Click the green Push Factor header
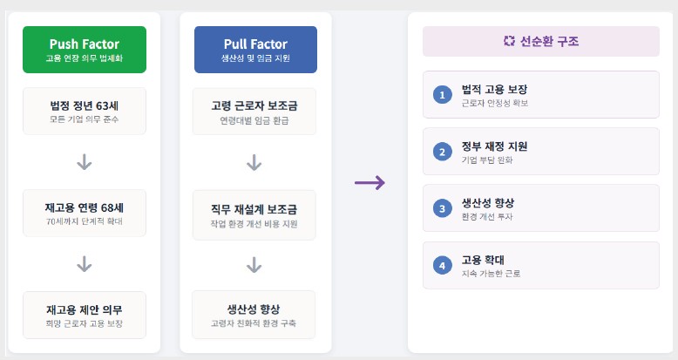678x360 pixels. (85, 50)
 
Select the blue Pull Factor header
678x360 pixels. (255, 50)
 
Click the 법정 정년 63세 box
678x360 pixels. (85, 111)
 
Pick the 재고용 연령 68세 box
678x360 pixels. (85, 214)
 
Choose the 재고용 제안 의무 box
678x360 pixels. (85, 316)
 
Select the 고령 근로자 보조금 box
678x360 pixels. (254, 111)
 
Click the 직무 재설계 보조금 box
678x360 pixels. (254, 214)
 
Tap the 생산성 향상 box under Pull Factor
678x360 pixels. (254, 316)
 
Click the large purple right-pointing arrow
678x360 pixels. (370, 182)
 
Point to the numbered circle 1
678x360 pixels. (443, 94)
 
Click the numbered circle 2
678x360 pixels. (443, 152)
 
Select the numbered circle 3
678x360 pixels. (443, 208)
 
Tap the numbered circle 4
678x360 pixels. (443, 265)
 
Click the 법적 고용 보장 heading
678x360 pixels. (494, 89)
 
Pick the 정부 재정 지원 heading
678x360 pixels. (494, 146)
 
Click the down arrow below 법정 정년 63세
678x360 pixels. (85, 161)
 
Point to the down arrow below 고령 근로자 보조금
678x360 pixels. (254, 161)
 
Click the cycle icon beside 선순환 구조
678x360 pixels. (510, 41)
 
